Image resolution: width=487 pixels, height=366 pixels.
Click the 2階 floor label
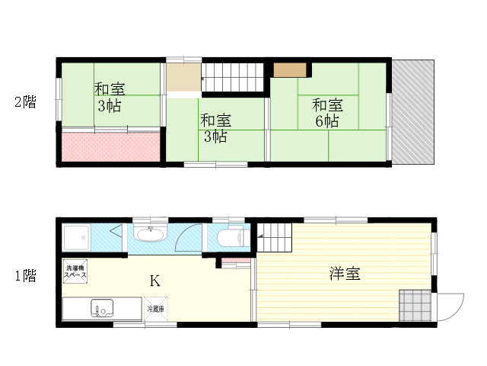pos(25,102)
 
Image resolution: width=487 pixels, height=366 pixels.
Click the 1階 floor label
pos(26,275)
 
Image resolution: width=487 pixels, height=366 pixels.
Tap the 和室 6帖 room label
pos(327,113)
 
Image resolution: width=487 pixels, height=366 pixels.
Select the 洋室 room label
pos(345,274)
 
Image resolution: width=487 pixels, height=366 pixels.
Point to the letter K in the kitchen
pos(155,281)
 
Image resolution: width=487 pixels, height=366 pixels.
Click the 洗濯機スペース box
pos(75,271)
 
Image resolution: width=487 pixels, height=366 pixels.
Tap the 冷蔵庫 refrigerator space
pos(155,309)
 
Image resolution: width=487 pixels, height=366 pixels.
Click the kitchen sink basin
pos(102,308)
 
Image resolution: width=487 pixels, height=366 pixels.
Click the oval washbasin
pos(151,234)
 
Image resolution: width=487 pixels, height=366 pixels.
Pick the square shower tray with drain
pos(76,238)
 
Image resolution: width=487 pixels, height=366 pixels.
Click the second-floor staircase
pos(233,77)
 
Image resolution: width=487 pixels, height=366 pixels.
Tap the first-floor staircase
pos(275,237)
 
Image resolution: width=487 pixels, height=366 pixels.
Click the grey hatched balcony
pos(412,112)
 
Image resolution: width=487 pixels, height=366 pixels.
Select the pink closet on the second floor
pos(111,147)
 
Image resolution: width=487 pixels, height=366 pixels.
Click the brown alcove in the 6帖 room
pos(290,70)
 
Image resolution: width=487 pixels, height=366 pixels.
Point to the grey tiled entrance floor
pos(415,306)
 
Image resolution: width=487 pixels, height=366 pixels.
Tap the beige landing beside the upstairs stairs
pos(184,78)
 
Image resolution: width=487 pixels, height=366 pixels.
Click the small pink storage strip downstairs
pos(236,260)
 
